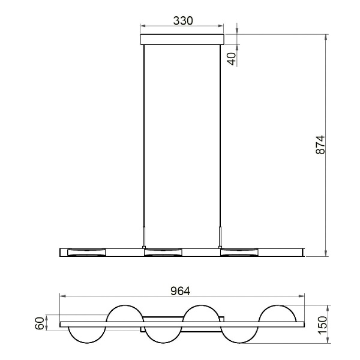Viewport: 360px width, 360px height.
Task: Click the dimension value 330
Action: pyautogui.click(x=182, y=20)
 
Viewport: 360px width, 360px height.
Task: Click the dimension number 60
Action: pyautogui.click(x=40, y=325)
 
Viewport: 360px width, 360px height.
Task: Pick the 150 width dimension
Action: pyautogui.click(x=322, y=325)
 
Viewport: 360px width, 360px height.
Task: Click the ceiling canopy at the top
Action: pyautogui.click(x=182, y=40)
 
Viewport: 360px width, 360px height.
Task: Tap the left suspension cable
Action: pyautogui.click(x=143, y=138)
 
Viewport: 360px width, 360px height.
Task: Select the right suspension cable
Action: pyautogui.click(x=221, y=138)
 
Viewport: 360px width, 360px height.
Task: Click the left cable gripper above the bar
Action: pyautogui.click(x=143, y=236)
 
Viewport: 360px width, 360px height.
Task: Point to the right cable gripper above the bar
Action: pyautogui.click(x=221, y=236)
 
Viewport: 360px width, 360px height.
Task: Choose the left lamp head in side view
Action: pyautogui.click(x=86, y=252)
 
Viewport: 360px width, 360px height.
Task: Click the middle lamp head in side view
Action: pyautogui.click(x=163, y=252)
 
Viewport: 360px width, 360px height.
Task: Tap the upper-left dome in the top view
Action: pyautogui.click(x=125, y=314)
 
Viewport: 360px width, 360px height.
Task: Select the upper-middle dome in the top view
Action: pyautogui.click(x=202, y=314)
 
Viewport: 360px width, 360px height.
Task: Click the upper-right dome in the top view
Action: pyautogui.click(x=278, y=314)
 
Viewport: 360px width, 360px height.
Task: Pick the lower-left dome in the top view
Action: pyautogui.click(x=86, y=335)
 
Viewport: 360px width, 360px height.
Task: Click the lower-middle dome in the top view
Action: pyautogui.click(x=163, y=335)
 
